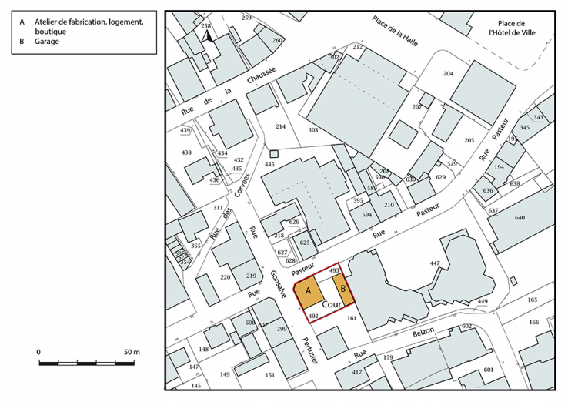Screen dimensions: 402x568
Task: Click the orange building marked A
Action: click(x=308, y=292)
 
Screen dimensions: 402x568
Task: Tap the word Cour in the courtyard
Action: click(x=332, y=305)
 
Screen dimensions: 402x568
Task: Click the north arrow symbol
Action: click(x=205, y=36)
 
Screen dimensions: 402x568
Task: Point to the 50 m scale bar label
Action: click(x=131, y=352)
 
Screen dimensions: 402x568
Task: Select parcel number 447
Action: click(x=435, y=264)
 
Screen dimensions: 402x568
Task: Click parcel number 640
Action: click(x=520, y=218)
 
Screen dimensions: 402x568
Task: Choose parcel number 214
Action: click(x=281, y=126)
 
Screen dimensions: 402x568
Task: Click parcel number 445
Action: click(x=269, y=165)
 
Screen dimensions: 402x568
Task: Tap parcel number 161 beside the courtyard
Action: click(x=352, y=317)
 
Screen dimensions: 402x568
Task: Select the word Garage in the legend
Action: click(x=47, y=42)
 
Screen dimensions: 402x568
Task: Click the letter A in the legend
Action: click(x=22, y=22)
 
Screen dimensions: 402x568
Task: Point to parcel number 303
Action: click(x=312, y=131)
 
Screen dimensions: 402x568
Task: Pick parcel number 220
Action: click(x=226, y=277)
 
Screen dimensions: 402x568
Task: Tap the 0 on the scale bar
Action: click(x=38, y=352)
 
